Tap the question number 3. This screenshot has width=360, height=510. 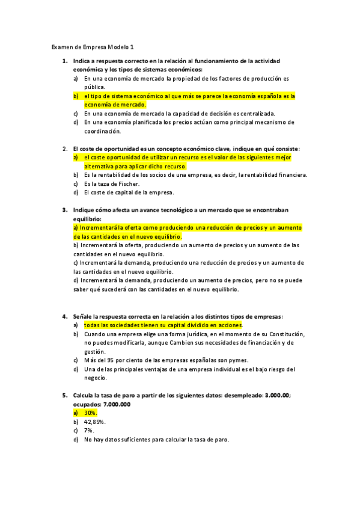pos(64,210)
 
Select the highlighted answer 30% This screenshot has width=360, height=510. pos(90,413)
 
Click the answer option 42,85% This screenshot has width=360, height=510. pos(95,422)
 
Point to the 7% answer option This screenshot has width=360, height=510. pos(89,431)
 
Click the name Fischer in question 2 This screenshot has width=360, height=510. pos(127,183)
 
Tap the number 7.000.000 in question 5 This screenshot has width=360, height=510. pos(115,404)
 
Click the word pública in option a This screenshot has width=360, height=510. pos(94,87)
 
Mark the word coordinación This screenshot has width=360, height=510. pos(103,131)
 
